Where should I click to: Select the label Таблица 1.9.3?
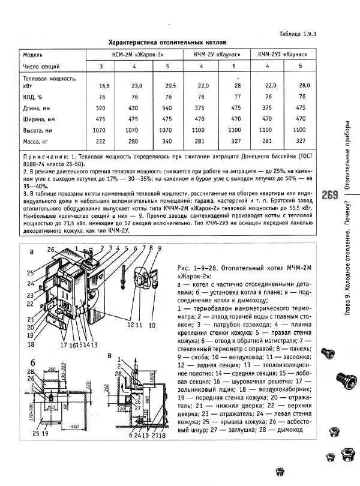[295, 34]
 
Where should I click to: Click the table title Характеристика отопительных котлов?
[167, 43]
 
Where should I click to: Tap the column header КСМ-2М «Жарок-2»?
[133, 54]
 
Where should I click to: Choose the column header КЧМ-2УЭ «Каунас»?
[283, 54]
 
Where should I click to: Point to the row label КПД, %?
[33, 97]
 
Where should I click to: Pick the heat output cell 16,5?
[104, 86]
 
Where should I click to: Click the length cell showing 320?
[101, 108]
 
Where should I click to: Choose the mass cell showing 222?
[101, 141]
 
